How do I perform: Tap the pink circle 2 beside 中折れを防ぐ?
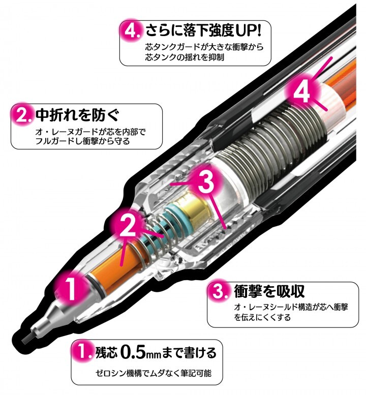point(23,114)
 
